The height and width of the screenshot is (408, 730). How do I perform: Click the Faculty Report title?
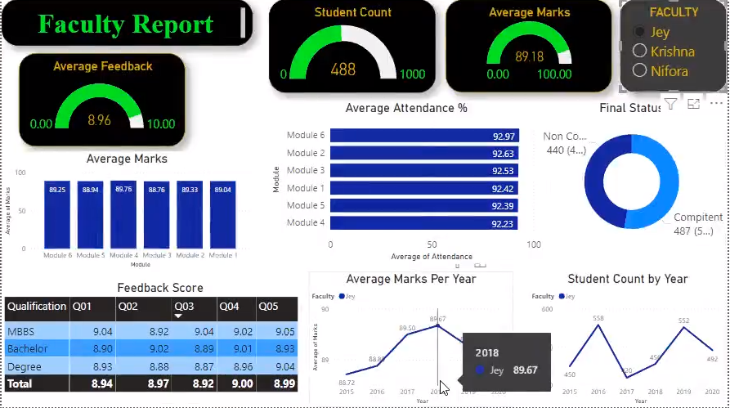[125, 25]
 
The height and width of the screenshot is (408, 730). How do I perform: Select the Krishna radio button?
[640, 52]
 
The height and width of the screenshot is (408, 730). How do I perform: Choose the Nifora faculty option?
[640, 71]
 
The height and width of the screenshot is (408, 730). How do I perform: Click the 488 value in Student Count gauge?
[343, 69]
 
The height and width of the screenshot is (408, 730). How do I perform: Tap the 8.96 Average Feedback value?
[99, 120]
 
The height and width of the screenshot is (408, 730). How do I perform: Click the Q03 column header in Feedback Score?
[184, 307]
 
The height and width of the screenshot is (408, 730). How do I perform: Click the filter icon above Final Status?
[670, 104]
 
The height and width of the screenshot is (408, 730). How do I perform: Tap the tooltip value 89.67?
[526, 370]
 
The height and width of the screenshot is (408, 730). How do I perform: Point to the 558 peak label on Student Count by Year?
[598, 318]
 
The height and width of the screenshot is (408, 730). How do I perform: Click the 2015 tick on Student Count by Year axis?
[570, 392]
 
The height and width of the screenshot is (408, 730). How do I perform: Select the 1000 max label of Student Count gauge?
[413, 74]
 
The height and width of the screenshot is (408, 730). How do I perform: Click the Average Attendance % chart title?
[406, 108]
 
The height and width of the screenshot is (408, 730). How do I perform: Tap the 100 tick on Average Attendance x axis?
[533, 244]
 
